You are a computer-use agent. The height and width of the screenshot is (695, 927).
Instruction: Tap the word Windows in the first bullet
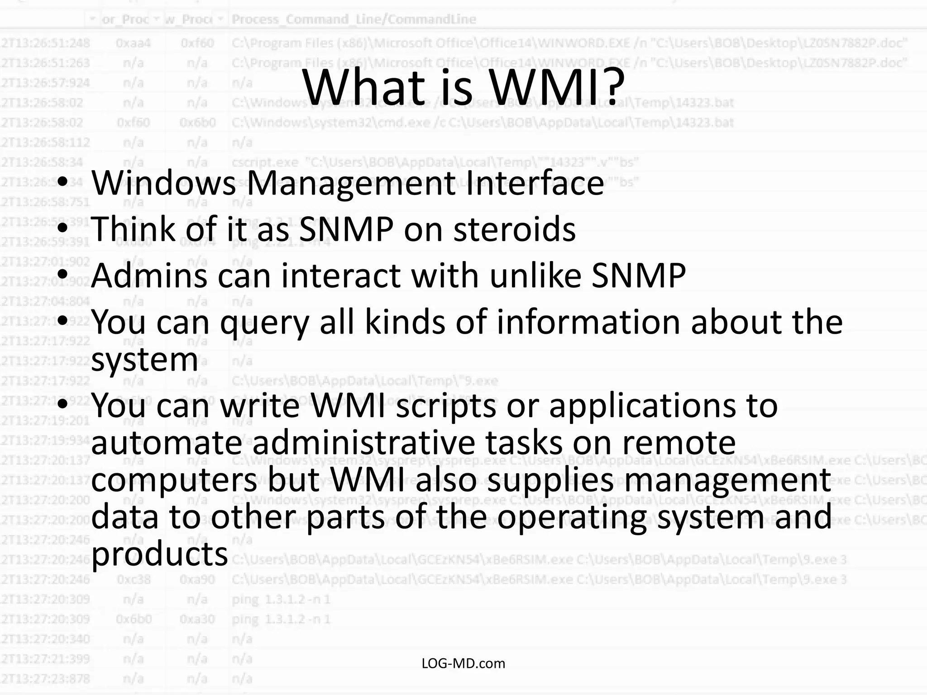tap(163, 183)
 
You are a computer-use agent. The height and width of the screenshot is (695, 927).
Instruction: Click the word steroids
tap(515, 229)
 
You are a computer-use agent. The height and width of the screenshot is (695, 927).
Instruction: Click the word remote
tap(679, 443)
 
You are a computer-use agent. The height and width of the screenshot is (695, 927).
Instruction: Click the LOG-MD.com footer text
tap(463, 664)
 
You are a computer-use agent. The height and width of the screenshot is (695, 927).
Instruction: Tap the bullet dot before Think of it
tap(63, 228)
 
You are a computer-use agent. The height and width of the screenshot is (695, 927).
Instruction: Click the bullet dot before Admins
tap(63, 274)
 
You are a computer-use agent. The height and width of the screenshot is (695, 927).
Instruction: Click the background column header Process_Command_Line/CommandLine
tap(354, 19)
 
